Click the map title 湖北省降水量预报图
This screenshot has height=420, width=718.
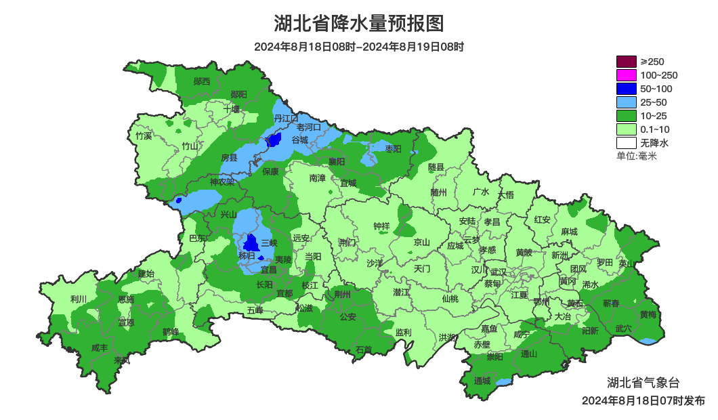[x=359, y=24]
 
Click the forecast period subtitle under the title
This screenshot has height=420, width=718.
[x=359, y=47]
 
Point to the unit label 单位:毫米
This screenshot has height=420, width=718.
[x=636, y=156]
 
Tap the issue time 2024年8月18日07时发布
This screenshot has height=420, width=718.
[x=643, y=401]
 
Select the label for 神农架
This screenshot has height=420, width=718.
[x=221, y=182]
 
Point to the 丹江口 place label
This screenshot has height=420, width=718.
[x=286, y=119]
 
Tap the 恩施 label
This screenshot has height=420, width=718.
[x=126, y=299]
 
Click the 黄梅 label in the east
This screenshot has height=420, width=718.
[x=648, y=314]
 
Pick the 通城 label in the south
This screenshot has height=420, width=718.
[x=482, y=380]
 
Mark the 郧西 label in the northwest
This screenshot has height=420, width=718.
[x=202, y=81]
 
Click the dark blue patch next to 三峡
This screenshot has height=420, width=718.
[x=251, y=243]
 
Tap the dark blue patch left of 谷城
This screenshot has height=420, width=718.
[x=274, y=140]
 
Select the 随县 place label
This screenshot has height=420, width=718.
[x=436, y=167]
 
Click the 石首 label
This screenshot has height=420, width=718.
[x=364, y=350]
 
